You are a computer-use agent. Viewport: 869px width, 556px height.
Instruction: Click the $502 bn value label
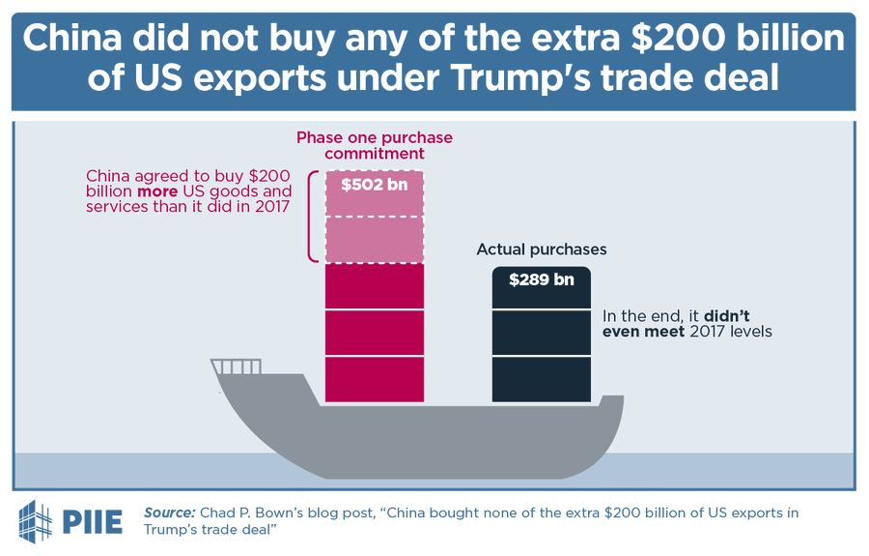click(375, 185)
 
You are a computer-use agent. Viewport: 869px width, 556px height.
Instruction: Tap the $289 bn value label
click(542, 280)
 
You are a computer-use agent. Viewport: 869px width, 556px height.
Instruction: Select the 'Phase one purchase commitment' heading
click(375, 145)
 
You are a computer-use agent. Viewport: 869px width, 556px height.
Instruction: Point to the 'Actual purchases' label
click(542, 249)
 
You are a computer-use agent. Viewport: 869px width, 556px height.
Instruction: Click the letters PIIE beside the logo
click(93, 522)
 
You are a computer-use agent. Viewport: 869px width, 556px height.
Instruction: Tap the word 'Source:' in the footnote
click(169, 512)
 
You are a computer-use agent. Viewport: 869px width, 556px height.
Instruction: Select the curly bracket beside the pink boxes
click(312, 217)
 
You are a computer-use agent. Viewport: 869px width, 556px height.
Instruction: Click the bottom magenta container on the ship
click(375, 379)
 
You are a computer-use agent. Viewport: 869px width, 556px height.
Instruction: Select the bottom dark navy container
click(542, 379)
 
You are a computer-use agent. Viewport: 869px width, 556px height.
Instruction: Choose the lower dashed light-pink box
click(375, 239)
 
